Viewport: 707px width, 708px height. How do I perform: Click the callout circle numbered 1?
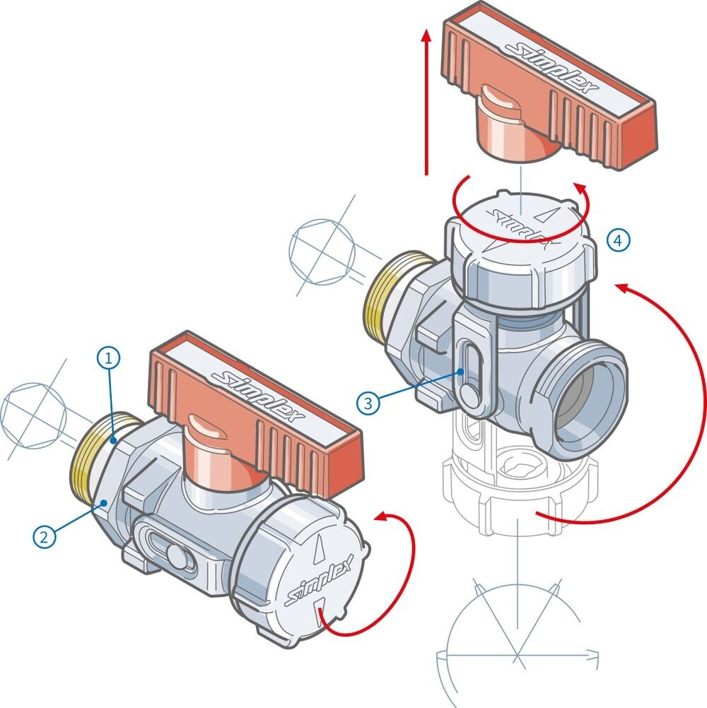tap(108, 358)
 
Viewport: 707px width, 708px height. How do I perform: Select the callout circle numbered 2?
tap(44, 537)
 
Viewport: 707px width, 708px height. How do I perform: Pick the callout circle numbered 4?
tap(618, 240)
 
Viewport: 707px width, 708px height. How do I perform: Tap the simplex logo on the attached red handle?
tap(268, 396)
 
